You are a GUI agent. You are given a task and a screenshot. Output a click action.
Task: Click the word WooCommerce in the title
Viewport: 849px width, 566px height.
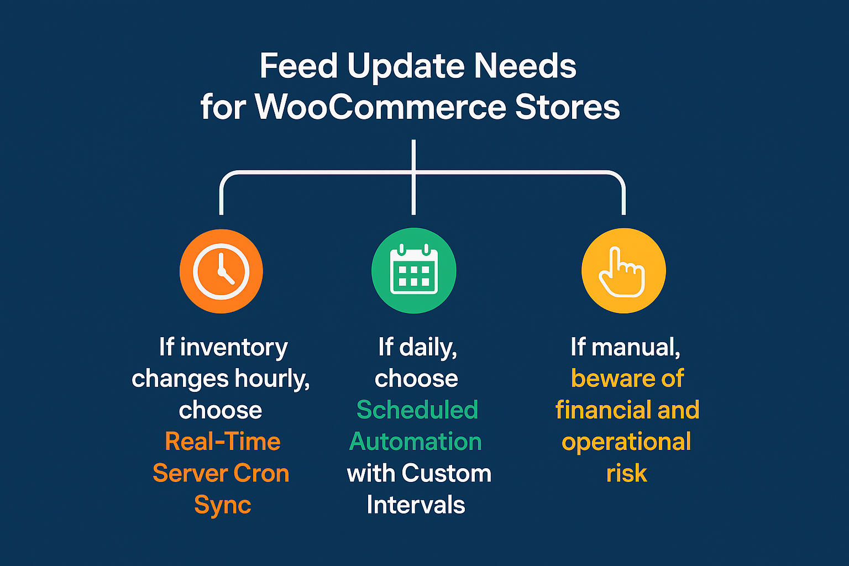(x=380, y=107)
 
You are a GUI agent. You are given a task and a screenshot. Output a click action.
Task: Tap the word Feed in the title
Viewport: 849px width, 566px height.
(x=298, y=66)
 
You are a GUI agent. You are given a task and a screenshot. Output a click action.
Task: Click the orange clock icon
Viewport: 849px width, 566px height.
(x=221, y=271)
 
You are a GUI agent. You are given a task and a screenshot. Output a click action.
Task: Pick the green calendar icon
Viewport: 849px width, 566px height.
(x=414, y=271)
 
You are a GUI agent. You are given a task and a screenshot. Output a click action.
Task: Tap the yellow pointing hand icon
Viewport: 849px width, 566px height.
(x=623, y=271)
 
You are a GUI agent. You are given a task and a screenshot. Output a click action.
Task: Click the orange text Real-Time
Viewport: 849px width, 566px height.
(x=223, y=441)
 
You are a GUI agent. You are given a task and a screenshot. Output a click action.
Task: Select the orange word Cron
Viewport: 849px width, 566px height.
(x=261, y=473)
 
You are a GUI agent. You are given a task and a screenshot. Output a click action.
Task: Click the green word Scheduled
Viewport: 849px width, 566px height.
(x=417, y=410)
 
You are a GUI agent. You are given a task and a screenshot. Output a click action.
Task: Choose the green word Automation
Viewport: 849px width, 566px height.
(x=416, y=441)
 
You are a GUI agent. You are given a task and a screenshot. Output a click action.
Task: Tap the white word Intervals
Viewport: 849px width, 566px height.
(x=416, y=505)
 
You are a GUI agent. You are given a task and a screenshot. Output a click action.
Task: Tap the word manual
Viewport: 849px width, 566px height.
(x=636, y=347)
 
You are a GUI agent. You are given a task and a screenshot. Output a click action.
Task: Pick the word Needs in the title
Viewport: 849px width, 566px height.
(x=525, y=66)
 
